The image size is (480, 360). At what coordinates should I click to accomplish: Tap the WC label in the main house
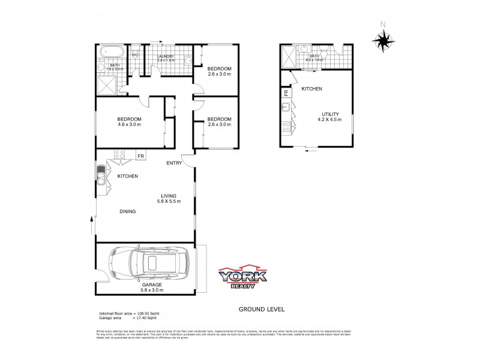(x=135, y=55)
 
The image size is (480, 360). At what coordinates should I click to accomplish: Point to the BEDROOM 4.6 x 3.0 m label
(x=129, y=122)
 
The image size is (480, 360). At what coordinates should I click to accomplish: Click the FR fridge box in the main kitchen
(x=140, y=157)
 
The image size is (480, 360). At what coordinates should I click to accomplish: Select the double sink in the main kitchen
(x=100, y=176)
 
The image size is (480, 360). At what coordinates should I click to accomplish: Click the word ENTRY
(x=174, y=163)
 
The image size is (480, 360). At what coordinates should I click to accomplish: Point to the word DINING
(x=127, y=211)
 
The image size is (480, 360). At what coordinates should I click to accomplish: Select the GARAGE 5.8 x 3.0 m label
(x=152, y=287)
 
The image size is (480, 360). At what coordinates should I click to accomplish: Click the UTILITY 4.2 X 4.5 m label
(x=331, y=116)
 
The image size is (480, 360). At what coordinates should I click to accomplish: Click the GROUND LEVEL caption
(x=261, y=310)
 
